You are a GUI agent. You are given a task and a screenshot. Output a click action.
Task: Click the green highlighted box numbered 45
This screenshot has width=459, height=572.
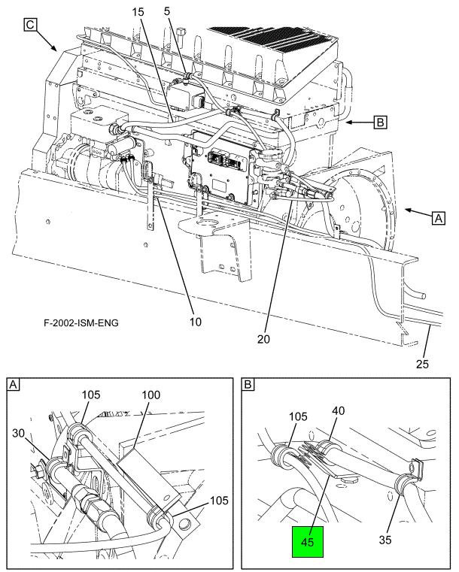coord(308,541)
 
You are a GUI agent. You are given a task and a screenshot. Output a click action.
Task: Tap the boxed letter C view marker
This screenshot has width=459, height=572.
coord(30,25)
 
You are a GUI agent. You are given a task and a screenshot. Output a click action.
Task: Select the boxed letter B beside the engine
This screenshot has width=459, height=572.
coord(380,122)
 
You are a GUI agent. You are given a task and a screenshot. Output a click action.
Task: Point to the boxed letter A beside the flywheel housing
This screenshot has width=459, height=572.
coord(438,218)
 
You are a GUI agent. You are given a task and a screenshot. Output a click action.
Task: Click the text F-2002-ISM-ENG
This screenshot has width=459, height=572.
coord(81,322)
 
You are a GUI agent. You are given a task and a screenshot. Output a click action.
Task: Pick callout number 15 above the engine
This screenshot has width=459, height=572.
coord(138,12)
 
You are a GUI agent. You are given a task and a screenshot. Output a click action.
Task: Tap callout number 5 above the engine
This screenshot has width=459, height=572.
coord(167,11)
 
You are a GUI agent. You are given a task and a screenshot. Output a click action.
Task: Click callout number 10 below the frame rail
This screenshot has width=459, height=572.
coord(196,322)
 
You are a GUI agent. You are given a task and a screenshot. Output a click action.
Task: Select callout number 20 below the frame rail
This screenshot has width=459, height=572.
coord(263,339)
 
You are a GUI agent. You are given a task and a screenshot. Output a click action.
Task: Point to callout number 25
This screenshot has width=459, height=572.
coord(422,364)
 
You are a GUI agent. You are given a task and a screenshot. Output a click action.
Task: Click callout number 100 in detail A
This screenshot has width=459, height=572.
coord(150,395)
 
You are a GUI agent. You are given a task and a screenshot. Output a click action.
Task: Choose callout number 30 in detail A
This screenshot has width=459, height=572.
coord(19,434)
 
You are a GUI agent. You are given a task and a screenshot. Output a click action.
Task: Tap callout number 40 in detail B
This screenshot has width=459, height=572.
coord(338,410)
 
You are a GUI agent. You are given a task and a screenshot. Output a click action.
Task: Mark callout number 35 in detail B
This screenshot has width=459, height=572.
coord(385,540)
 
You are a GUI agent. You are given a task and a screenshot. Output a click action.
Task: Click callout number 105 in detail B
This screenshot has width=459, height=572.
coord(298,416)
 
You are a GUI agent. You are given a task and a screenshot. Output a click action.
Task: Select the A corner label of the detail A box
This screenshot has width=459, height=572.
coord(14,385)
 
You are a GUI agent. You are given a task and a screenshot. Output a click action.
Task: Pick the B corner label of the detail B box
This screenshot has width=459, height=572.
coord(248,385)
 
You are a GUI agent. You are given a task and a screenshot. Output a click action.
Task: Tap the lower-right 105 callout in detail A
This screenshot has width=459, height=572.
coord(219,501)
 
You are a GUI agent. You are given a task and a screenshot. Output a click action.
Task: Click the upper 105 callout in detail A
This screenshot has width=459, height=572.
coord(90,395)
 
